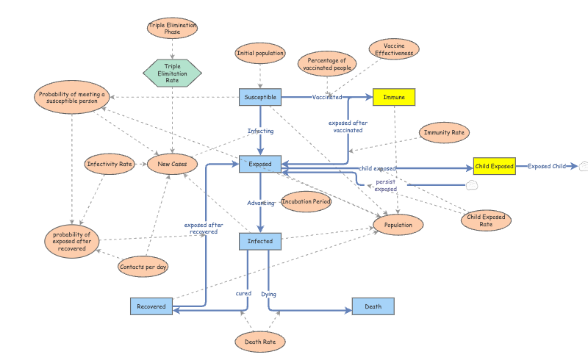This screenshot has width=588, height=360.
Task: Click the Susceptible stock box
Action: pyautogui.click(x=260, y=97)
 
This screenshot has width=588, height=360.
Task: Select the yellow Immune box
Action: pyautogui.click(x=394, y=97)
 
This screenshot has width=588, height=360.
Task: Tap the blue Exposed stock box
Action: pyautogui.click(x=260, y=165)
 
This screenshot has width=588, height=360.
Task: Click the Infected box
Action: pyautogui.click(x=260, y=241)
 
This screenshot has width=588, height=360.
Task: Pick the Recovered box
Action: pyautogui.click(x=151, y=306)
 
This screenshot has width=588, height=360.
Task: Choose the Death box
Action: pyautogui.click(x=373, y=306)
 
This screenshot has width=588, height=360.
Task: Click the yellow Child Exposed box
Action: pyautogui.click(x=494, y=166)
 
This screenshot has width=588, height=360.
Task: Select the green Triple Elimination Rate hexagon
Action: pyautogui.click(x=172, y=73)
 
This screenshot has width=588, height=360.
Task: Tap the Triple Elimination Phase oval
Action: pyautogui.click(x=172, y=29)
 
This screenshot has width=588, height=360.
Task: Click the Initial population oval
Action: pyautogui.click(x=260, y=53)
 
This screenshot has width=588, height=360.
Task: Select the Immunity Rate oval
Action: pyautogui.click(x=444, y=133)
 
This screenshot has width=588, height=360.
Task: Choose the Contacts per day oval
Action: pyautogui.click(x=143, y=266)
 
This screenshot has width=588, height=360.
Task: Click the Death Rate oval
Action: pyautogui.click(x=260, y=342)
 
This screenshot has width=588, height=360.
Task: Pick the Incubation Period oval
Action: pyautogui.click(x=306, y=201)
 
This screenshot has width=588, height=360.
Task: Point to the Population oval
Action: pyautogui.click(x=398, y=224)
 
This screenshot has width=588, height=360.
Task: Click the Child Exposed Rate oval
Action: pyautogui.click(x=486, y=220)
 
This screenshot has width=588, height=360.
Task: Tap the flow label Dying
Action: pyautogui.click(x=269, y=294)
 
